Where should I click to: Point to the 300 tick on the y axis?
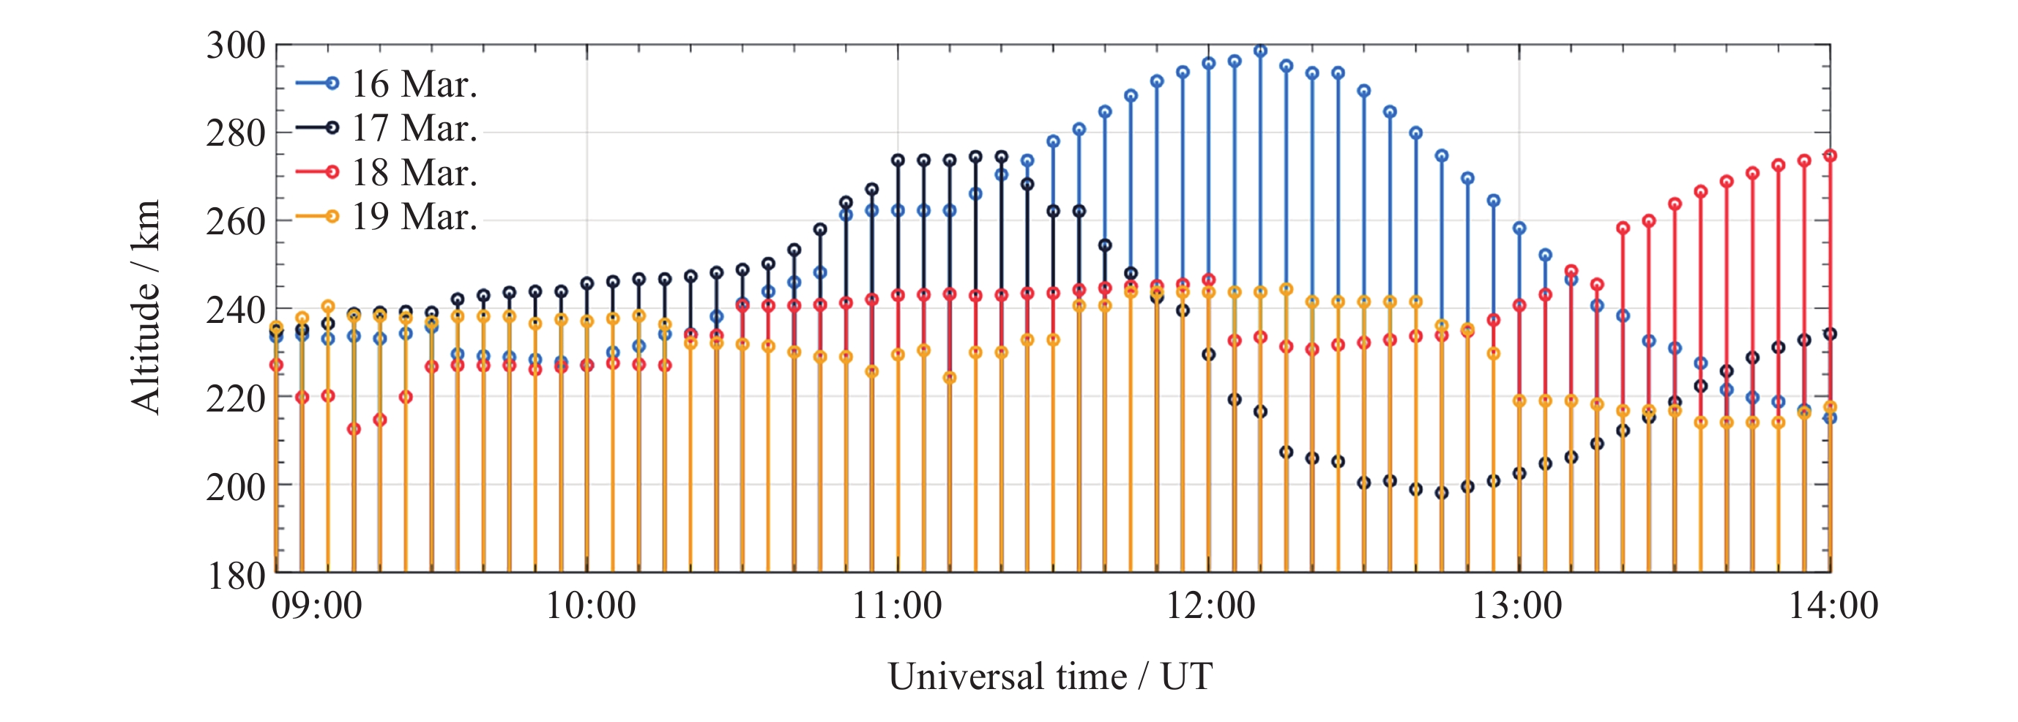(236, 45)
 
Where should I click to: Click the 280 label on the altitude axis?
(236, 134)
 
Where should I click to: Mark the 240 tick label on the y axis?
(236, 310)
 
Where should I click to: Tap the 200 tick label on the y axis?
(236, 487)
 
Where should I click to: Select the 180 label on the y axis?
(236, 576)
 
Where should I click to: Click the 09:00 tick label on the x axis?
(316, 606)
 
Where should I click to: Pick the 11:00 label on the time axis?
(897, 606)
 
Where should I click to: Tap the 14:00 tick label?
(1832, 606)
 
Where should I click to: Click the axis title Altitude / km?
(146, 306)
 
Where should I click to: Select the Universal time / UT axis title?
(1050, 677)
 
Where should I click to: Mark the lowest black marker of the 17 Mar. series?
(1442, 493)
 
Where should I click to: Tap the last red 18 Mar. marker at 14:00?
(1830, 156)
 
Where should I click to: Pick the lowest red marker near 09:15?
(354, 429)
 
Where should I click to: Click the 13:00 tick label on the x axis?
(1517, 606)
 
